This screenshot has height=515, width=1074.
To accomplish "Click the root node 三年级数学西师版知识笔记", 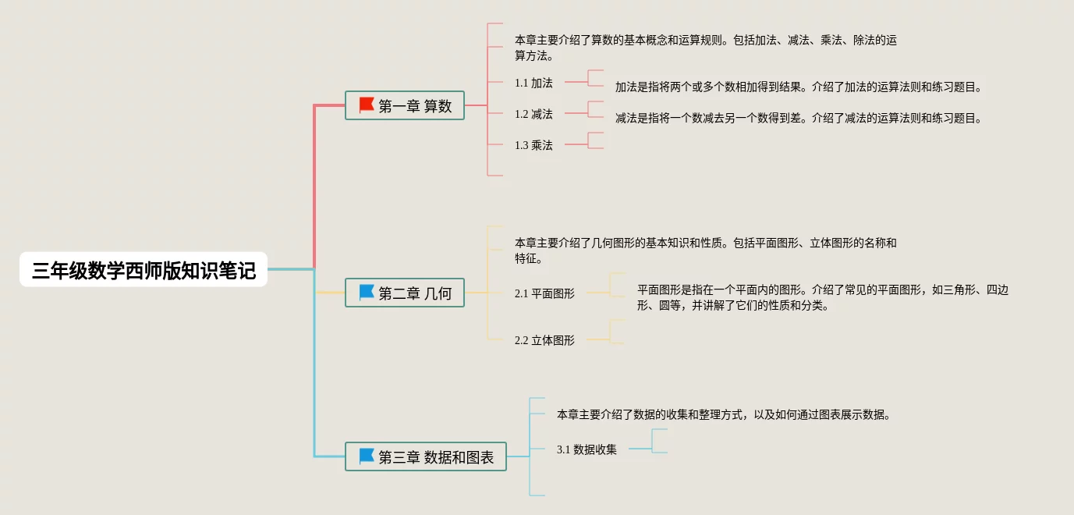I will pos(144,270).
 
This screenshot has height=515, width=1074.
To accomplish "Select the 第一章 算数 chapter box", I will pos(405,105).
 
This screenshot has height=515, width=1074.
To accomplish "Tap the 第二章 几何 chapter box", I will pos(405,293).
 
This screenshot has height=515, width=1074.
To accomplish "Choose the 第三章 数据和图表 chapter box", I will pos(426,456).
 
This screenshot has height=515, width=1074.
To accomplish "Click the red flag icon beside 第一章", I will pos(367,105).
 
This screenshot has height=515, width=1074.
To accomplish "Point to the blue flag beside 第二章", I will pos(367,293).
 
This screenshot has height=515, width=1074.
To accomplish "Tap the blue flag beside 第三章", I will pos(367,456).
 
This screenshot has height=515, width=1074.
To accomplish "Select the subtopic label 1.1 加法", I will pos(533,83).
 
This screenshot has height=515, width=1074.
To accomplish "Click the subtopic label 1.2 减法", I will pos(533,114).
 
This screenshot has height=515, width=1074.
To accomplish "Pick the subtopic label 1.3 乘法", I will pos(533,145).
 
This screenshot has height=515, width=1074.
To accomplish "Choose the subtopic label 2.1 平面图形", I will pos(544,293).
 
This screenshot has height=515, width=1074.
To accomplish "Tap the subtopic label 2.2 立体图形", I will pos(544,340).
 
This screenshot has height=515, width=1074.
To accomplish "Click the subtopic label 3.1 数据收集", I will pos(587,449).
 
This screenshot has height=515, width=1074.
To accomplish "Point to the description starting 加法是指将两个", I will pos(798,87).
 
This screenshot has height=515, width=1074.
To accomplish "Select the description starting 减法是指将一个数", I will pos(798,119).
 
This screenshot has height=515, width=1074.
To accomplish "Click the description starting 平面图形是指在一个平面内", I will pos(822,297).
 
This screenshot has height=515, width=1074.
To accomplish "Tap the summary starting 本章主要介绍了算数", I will pos(705,48).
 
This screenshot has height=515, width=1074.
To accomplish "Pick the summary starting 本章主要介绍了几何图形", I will pos(705,250).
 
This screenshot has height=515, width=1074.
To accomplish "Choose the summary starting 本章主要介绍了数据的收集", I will pos(723,414).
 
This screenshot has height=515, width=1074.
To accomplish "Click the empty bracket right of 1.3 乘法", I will pos(596,140).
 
